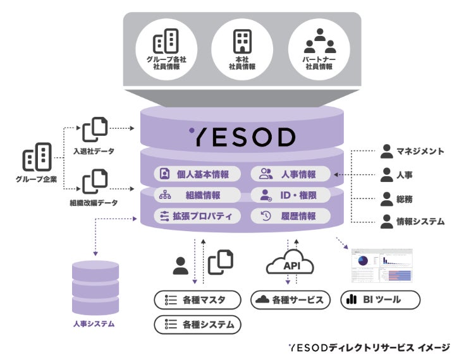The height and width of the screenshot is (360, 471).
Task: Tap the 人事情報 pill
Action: click(x=291, y=174)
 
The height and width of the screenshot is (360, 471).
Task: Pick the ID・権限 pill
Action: click(x=291, y=195)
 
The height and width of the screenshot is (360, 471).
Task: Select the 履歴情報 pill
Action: click(x=291, y=216)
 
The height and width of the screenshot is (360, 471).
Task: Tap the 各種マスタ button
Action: click(x=197, y=299)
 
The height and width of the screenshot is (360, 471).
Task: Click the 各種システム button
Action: click(x=197, y=325)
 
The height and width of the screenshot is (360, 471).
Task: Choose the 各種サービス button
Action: click(x=291, y=299)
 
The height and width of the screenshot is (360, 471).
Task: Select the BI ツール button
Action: click(x=380, y=299)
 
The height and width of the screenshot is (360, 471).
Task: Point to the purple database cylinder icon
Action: click(x=95, y=287)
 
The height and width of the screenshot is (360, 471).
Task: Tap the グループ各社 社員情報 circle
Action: click(x=166, y=49)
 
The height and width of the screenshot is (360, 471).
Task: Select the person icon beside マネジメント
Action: click(x=387, y=152)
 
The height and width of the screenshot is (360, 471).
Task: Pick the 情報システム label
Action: click(x=420, y=221)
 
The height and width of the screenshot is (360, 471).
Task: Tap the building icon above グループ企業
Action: click(x=36, y=158)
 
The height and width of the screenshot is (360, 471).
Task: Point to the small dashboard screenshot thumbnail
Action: click(x=381, y=265)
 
